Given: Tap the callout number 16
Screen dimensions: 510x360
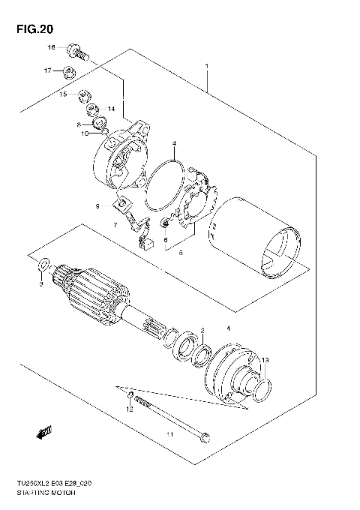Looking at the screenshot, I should (x=52, y=47).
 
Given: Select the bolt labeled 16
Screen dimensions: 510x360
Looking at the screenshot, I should (x=77, y=52).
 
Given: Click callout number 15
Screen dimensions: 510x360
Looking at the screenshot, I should (x=64, y=94).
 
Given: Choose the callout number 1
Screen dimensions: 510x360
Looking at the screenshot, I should (x=206, y=67).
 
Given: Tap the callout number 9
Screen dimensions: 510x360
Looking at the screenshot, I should (x=97, y=205).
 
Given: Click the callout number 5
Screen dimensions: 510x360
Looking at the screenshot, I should (x=180, y=253).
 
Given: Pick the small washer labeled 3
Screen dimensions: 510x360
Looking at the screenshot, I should (x=43, y=265).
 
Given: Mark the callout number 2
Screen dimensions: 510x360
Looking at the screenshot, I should (x=201, y=331).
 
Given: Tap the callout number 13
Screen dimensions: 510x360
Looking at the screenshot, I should (x=263, y=361).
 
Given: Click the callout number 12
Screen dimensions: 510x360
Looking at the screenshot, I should (x=128, y=409).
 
